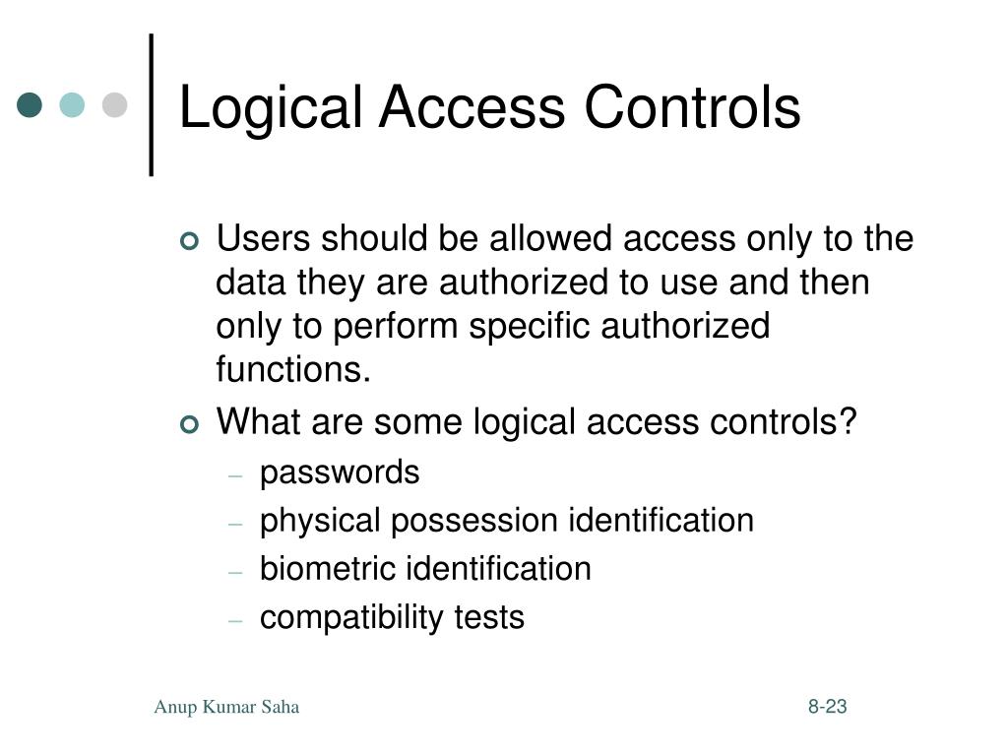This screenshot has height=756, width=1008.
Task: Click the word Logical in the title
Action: coord(271,108)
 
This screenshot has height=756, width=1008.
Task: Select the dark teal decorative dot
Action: coord(31,104)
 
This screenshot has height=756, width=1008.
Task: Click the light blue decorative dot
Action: coord(73,104)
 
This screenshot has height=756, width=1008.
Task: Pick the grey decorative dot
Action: coord(115,104)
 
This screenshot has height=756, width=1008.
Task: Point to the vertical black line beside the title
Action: coord(152,104)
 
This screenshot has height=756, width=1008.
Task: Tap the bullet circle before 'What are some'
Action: coord(190,424)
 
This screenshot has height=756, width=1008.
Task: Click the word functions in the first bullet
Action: coord(292,370)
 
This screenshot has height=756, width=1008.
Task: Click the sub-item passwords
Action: coord(340,473)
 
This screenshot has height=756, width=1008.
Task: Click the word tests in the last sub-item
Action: coord(489,618)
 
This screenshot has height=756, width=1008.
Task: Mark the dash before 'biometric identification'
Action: coord(235,571)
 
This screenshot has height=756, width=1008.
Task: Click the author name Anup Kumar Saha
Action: coord(226,707)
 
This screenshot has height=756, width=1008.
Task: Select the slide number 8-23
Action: coord(828,707)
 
